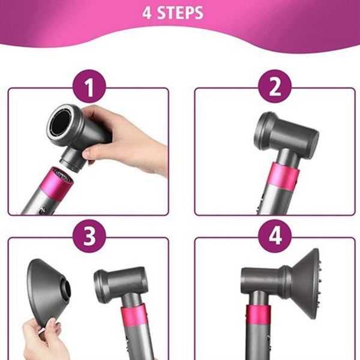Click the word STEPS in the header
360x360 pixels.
pos(181,13)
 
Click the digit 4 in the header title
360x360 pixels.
pos(147,13)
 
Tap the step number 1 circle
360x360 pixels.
pos(89,88)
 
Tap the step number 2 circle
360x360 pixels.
pos(275,88)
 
